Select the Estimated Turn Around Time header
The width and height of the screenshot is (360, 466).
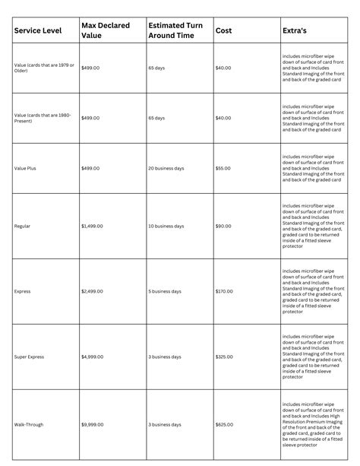pos(176,30)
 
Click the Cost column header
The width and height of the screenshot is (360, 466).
pos(224,30)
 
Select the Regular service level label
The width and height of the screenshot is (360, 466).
pos(23,227)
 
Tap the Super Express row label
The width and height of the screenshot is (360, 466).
pos(30,357)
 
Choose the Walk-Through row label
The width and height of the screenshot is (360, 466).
pos(30,423)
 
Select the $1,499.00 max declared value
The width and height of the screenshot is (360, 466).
pos(94,227)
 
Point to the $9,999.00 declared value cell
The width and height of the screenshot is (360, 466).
pos(94,423)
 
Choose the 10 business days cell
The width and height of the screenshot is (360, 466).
pos(168,227)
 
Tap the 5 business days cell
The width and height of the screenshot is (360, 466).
pos(166,291)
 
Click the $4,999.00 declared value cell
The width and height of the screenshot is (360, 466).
pos(94,357)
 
